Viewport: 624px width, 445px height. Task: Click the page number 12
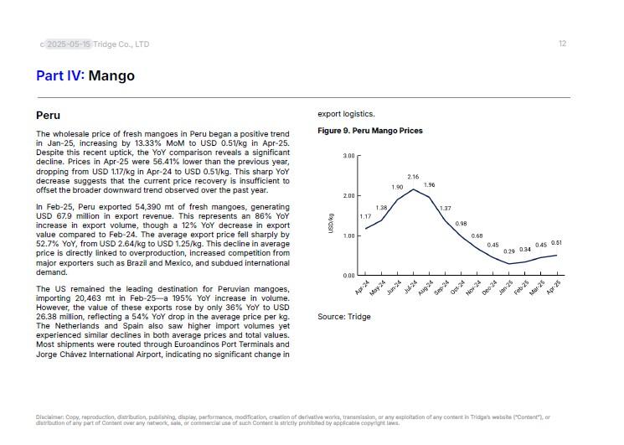point(562,44)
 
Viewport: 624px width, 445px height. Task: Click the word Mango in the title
point(111,76)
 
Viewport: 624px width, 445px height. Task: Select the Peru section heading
point(48,114)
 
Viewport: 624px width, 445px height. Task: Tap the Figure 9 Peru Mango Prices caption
point(369,131)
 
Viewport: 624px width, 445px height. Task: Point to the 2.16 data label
point(413,177)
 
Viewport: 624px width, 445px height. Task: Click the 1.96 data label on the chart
point(429,184)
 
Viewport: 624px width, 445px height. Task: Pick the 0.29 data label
point(508,251)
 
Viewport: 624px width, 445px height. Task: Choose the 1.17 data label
point(365,217)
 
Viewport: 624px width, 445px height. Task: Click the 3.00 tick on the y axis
point(349,156)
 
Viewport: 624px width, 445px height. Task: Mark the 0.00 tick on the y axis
point(349,276)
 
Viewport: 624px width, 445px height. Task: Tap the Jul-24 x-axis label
point(411,288)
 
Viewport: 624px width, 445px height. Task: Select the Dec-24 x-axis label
point(491,288)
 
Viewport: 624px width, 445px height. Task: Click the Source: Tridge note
point(343,317)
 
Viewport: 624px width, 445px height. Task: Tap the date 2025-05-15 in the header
point(69,44)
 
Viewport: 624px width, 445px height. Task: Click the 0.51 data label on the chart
point(556,243)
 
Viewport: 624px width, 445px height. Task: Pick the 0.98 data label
point(461,224)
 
